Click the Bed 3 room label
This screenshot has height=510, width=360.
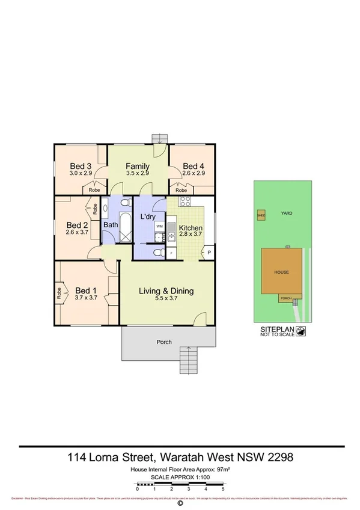coord(80,167)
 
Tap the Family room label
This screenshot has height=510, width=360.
coord(138,167)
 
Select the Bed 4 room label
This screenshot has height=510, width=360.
coord(194,167)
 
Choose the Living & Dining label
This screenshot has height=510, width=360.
coord(166,292)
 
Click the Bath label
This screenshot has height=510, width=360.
coord(111,225)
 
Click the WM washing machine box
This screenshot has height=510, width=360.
coord(159,226)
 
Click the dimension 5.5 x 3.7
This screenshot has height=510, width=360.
coord(166,299)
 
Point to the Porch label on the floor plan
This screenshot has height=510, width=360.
coord(164,342)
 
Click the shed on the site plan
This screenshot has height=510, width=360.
coord(261,215)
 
